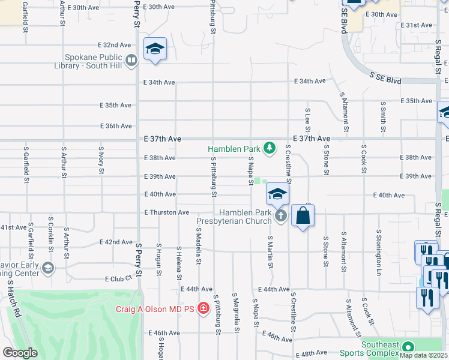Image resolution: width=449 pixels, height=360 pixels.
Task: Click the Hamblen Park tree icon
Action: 270,148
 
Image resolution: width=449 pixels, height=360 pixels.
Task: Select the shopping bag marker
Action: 303,215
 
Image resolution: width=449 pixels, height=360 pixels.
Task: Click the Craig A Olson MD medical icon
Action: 203,309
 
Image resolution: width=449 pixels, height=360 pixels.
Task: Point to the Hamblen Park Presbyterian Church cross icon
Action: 280,216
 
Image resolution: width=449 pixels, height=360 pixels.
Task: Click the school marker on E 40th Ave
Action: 277,193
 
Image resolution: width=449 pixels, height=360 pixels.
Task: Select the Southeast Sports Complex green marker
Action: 408,347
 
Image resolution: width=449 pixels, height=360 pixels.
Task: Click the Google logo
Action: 20,353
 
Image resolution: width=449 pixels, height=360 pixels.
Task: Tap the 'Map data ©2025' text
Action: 424,355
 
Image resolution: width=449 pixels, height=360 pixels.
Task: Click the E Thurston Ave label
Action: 167,212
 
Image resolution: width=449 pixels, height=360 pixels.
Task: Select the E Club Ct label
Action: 118,279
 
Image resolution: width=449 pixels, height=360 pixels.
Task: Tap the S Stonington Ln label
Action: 379,247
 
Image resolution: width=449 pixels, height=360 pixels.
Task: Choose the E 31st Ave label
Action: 419,25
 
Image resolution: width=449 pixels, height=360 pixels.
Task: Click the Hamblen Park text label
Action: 235,148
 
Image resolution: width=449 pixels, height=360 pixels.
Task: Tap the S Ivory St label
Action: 101,160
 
